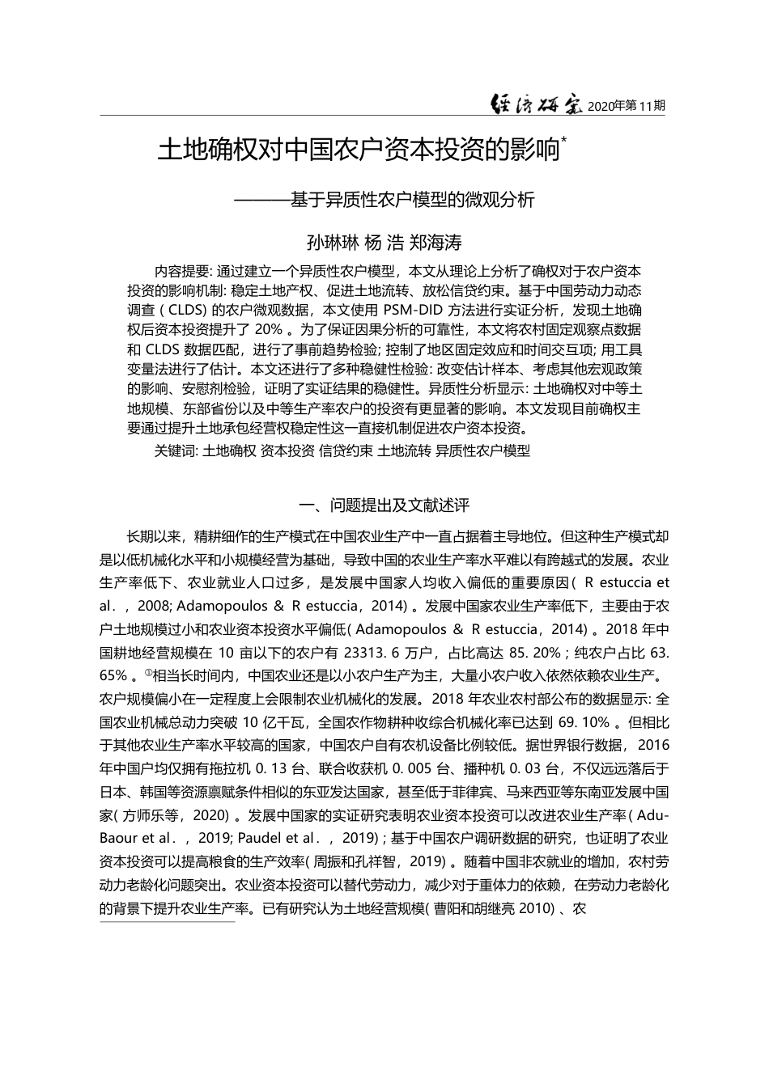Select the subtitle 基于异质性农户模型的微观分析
[x=413, y=199]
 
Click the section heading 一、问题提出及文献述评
[x=384, y=505]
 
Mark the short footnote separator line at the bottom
[x=167, y=921]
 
